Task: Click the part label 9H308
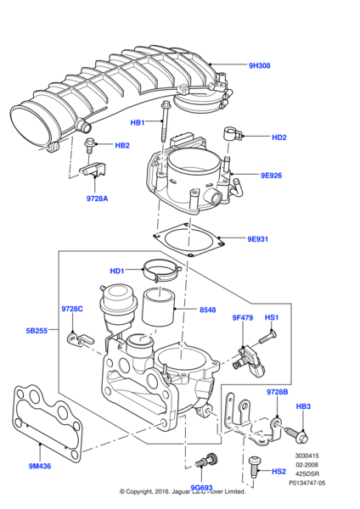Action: [259, 65]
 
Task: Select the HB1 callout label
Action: [138, 122]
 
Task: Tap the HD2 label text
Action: [279, 137]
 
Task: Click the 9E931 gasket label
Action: [257, 239]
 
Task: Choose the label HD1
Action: [117, 271]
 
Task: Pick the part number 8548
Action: [208, 310]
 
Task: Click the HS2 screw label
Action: [278, 472]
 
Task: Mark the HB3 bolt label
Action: [303, 407]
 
